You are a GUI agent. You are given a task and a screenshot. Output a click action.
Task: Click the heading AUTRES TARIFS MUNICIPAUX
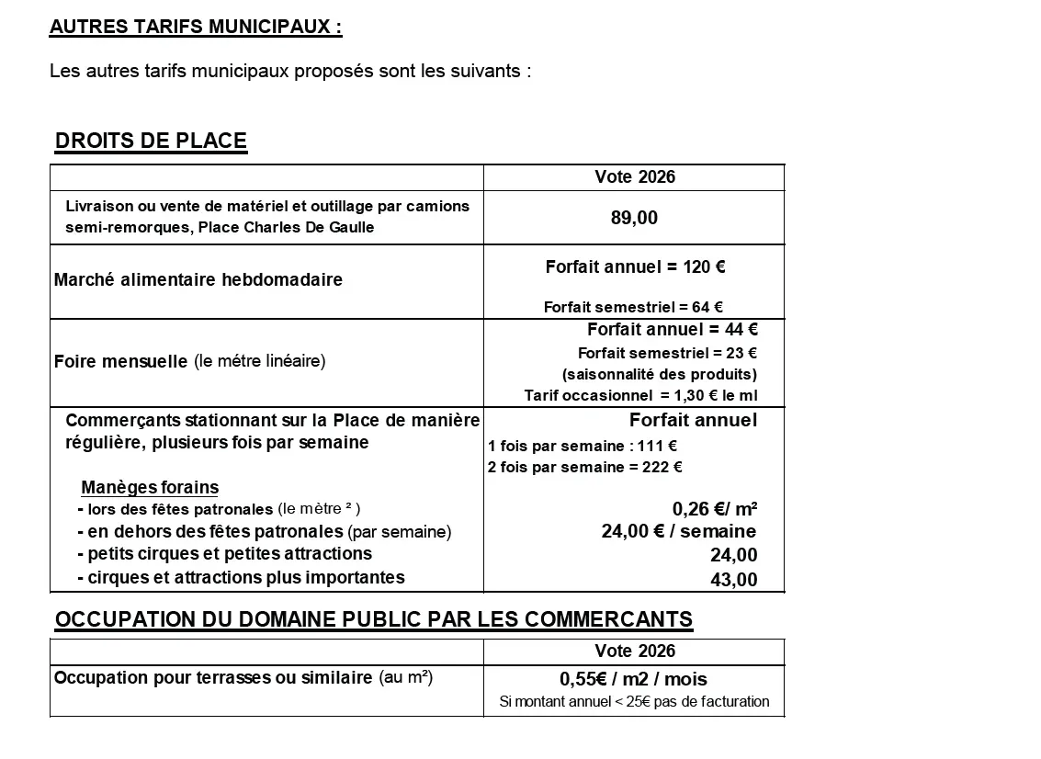coord(195,27)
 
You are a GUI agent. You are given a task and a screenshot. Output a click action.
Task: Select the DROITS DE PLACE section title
coord(151,141)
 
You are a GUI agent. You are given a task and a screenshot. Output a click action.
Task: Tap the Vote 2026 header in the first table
coord(634,177)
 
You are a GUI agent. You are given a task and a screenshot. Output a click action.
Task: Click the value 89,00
coord(634,218)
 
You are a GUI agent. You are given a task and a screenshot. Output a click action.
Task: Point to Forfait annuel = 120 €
coord(635,267)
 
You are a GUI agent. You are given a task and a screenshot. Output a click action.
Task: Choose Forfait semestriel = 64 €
coord(633,308)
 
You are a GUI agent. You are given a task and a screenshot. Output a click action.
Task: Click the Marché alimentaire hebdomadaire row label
coord(198,279)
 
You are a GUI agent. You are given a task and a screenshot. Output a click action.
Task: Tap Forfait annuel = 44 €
coord(672,329)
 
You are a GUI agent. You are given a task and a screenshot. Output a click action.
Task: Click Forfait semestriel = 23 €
coord(667,353)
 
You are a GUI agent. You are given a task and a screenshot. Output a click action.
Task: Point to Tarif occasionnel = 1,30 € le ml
coord(640,396)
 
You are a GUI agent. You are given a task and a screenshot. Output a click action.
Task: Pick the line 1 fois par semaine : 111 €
coord(583,446)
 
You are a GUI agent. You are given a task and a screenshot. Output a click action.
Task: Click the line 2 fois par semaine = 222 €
coord(584,467)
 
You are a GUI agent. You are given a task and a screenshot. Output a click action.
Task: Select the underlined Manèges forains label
coord(150,487)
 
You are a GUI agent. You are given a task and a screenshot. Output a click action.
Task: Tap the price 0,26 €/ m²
coord(714,509)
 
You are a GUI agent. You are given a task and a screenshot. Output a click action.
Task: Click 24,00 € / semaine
coord(678,531)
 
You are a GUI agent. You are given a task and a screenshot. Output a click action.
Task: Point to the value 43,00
coord(733,580)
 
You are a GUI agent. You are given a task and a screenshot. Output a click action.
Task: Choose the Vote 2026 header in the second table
coord(634,651)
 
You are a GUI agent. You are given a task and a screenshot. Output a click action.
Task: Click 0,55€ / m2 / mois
coord(633,680)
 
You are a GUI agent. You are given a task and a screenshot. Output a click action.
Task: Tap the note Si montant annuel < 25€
coord(634,702)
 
